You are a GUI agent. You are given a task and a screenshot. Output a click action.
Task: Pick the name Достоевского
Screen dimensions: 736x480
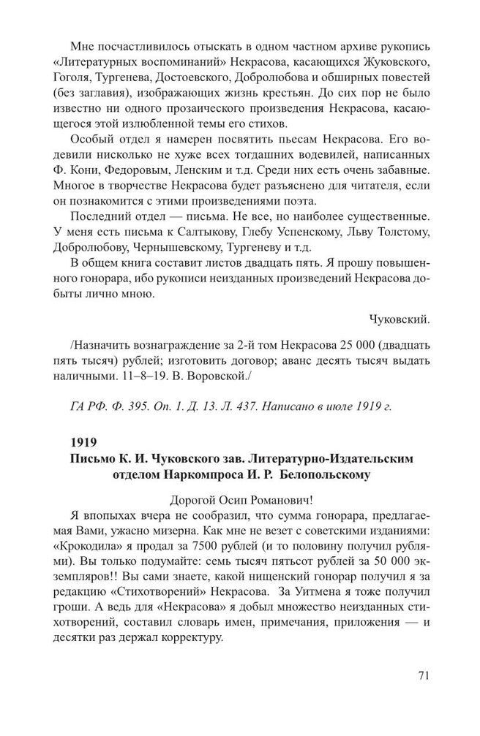[x=211, y=72]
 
